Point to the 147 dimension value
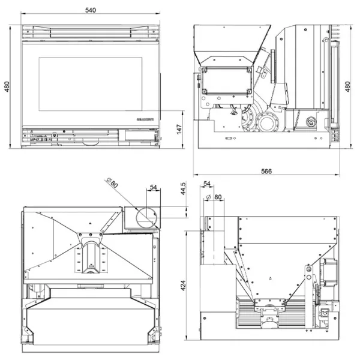click(x=178, y=130)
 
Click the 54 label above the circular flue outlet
click(x=153, y=188)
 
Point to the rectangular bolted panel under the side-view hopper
click(x=226, y=81)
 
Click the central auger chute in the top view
click(x=91, y=258)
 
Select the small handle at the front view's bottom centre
click(x=90, y=143)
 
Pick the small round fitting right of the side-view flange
click(x=311, y=124)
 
